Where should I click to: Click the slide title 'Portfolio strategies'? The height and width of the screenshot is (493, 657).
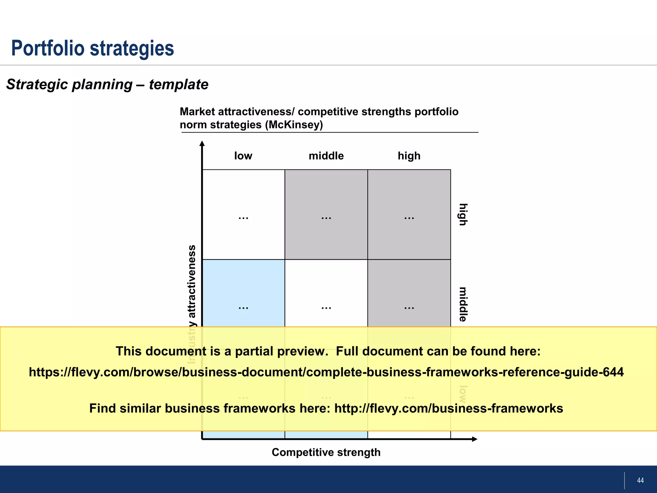(92, 48)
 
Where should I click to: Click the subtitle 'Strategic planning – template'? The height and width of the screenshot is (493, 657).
(107, 85)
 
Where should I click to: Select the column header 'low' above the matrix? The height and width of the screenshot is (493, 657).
(243, 156)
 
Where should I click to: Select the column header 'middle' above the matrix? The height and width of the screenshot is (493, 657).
(326, 156)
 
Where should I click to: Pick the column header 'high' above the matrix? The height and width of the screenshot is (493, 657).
(409, 156)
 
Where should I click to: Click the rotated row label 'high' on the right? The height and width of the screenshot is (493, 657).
(463, 214)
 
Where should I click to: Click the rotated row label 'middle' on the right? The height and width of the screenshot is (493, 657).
(463, 304)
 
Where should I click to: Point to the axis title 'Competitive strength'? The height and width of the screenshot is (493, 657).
(326, 452)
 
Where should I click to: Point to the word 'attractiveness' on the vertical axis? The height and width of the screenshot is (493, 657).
(192, 281)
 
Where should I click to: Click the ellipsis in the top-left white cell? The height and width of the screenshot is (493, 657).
(243, 218)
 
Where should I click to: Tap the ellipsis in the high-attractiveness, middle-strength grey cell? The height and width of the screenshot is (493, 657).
(326, 218)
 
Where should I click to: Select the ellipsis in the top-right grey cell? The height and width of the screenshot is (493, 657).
(409, 218)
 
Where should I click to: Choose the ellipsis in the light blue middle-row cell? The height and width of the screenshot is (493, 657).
(243, 308)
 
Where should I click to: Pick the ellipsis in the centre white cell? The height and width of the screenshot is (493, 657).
(326, 308)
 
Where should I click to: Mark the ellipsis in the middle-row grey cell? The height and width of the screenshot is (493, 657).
(409, 308)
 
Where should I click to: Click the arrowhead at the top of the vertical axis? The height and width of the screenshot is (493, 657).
(202, 143)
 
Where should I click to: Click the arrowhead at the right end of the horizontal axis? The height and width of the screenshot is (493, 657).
(475, 439)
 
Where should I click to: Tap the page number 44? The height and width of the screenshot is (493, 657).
(640, 480)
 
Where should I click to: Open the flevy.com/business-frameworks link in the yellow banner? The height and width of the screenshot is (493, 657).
(448, 409)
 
